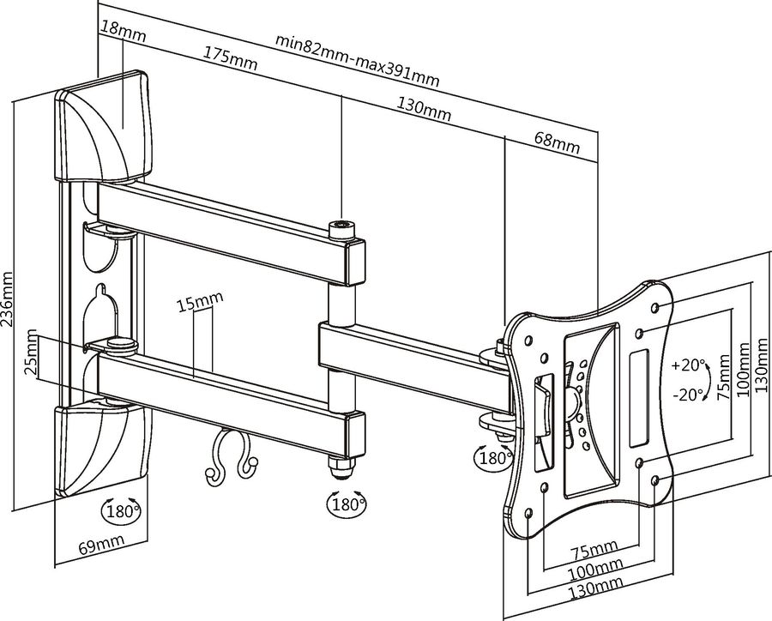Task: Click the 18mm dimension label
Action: [122, 35]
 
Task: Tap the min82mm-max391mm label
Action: [358, 60]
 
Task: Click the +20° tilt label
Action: [687, 365]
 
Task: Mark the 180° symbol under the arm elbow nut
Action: [347, 501]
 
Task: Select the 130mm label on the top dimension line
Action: [425, 111]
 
